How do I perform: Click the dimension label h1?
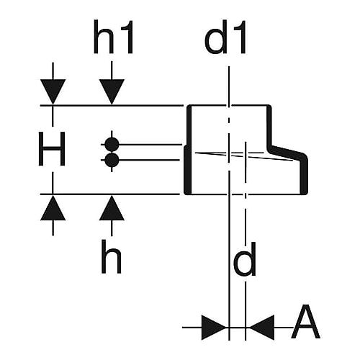click(x=113, y=37)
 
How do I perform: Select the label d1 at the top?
click(x=225, y=37)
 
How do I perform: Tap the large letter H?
click(x=52, y=149)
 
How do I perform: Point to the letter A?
click(x=305, y=322)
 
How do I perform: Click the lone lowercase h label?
click(x=112, y=256)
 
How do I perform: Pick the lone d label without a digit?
click(x=245, y=259)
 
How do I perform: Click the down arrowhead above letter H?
click(x=53, y=92)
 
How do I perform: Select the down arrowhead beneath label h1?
click(x=112, y=92)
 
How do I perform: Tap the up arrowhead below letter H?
click(x=53, y=207)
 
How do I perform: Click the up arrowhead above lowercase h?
click(x=112, y=207)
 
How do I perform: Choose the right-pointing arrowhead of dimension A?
click(x=213, y=328)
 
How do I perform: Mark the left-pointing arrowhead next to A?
click(x=262, y=328)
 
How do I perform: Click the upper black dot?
click(x=112, y=145)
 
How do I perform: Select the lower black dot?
click(x=112, y=160)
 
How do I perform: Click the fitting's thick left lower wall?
click(x=187, y=170)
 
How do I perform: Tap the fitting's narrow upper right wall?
click(x=269, y=126)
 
